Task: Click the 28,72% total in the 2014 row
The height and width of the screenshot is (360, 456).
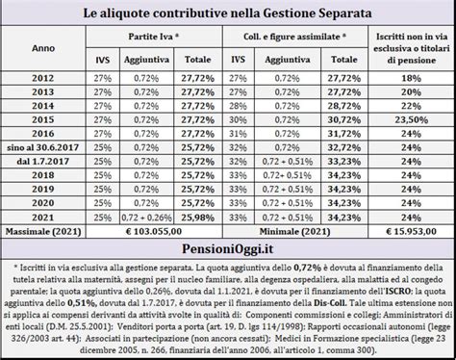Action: click(x=331, y=104)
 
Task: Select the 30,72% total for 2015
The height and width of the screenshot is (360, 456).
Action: click(x=331, y=120)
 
